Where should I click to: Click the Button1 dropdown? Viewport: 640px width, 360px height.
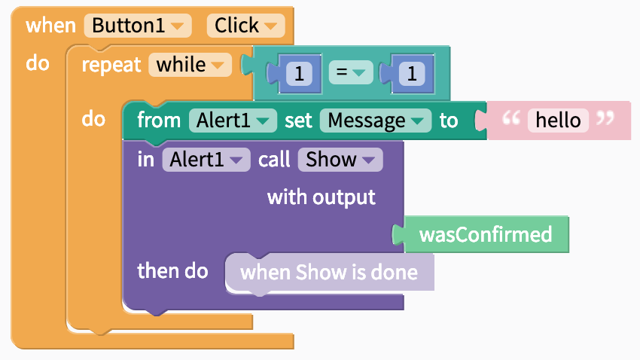(x=138, y=26)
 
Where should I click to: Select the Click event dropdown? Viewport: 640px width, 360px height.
(x=245, y=26)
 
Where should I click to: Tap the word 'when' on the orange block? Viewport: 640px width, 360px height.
(x=50, y=26)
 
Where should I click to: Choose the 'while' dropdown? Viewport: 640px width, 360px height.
(x=190, y=65)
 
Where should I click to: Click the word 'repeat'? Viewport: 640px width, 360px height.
(x=111, y=65)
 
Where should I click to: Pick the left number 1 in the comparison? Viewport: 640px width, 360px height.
(x=299, y=74)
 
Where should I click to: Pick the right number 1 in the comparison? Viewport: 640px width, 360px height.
(x=412, y=74)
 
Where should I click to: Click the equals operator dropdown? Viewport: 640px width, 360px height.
(x=351, y=72)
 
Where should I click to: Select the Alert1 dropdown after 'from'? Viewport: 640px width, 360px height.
(x=233, y=121)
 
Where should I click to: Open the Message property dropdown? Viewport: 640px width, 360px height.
(x=376, y=121)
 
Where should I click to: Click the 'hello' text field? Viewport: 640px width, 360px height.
(x=558, y=121)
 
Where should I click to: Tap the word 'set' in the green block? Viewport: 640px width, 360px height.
(x=298, y=121)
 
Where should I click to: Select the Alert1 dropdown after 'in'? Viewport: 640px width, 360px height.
(x=206, y=160)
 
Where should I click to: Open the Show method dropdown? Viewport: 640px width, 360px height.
(x=340, y=160)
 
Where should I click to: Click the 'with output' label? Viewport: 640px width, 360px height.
(x=322, y=197)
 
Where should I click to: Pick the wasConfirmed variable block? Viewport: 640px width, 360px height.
(x=486, y=235)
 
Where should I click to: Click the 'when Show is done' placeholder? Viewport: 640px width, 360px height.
(x=329, y=273)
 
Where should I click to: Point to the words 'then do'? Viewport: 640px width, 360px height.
(x=172, y=271)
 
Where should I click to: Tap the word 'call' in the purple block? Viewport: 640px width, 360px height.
(x=274, y=160)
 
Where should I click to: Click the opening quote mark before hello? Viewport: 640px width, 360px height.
(x=511, y=118)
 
